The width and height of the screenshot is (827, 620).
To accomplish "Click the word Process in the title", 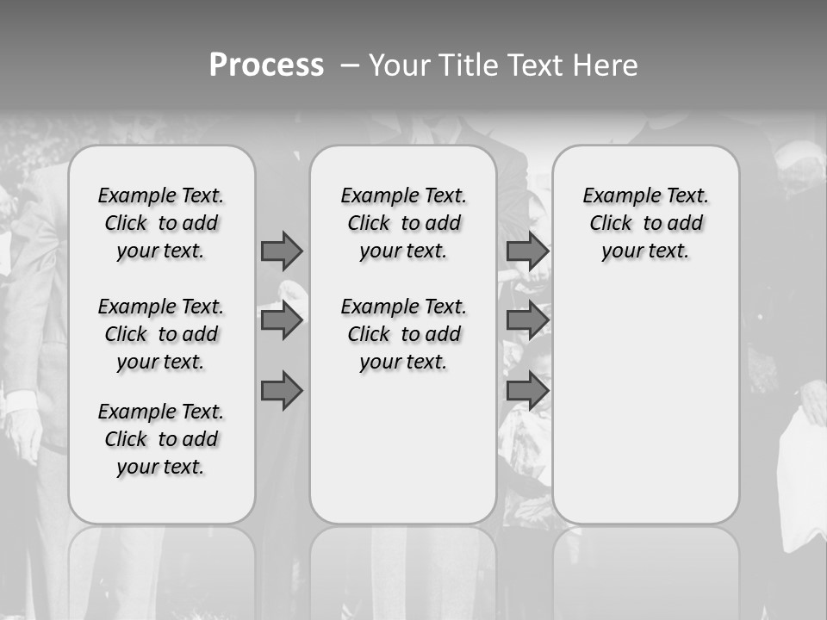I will (x=266, y=65).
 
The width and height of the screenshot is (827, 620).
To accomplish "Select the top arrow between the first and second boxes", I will (x=282, y=251).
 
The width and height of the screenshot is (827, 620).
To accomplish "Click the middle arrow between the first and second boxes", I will (x=282, y=321).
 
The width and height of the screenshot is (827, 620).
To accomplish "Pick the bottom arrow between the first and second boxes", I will (x=282, y=392).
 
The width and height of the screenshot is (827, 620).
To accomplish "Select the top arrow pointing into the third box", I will (x=527, y=251).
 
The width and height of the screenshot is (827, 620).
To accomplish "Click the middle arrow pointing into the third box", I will (x=527, y=321).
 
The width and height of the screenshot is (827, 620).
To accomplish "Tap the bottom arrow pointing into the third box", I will (x=527, y=392).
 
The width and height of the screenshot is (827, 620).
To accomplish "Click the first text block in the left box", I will (x=161, y=223).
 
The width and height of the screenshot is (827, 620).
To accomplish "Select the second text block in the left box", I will (x=161, y=334).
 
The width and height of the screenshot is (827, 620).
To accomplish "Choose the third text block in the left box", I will (x=161, y=439).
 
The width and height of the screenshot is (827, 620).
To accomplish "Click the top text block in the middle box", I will (x=403, y=223).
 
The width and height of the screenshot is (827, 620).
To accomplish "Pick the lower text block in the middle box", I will (x=403, y=334).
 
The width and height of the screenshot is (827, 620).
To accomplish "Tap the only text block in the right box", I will (x=645, y=223).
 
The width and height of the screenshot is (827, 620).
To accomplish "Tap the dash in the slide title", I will (x=350, y=65).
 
